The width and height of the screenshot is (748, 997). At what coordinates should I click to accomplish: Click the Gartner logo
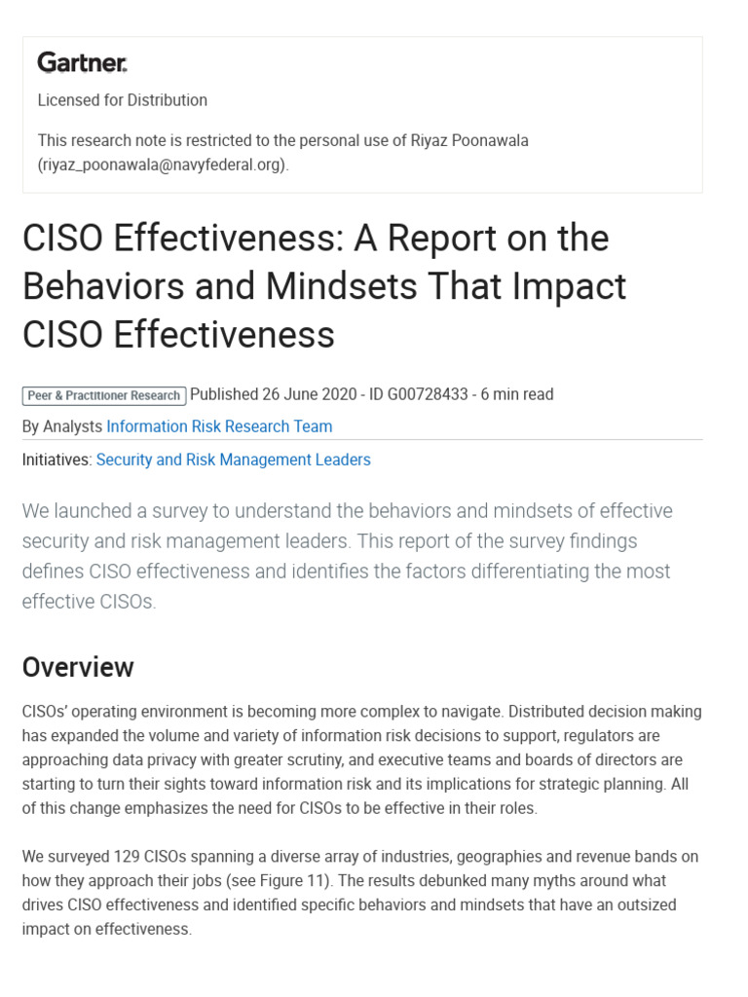(x=82, y=63)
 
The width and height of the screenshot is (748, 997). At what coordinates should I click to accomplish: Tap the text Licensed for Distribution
(x=122, y=100)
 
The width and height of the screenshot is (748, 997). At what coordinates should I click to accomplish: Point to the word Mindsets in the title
(x=364, y=286)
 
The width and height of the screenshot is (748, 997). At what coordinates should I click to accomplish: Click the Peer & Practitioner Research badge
(x=104, y=395)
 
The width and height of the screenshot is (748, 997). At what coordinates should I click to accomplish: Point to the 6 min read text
(x=516, y=394)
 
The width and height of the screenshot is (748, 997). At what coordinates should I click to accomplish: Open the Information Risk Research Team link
(x=219, y=426)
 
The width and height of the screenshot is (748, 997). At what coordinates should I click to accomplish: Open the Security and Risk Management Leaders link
(x=233, y=460)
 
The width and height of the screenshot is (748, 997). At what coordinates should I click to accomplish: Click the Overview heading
(x=78, y=667)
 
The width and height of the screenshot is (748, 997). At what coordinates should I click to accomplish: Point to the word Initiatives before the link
(x=56, y=460)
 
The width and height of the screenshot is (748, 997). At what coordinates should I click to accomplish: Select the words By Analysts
(x=61, y=426)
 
